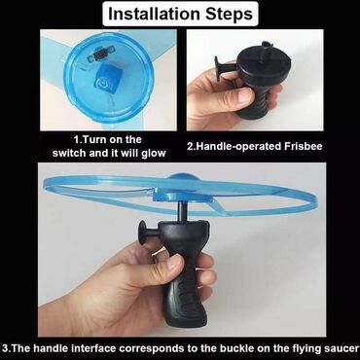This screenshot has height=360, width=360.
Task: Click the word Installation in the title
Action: point(154,14)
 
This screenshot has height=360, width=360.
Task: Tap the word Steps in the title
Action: point(229,15)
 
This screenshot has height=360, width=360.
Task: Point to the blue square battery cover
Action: point(106,77)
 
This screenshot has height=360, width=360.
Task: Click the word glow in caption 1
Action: point(154,153)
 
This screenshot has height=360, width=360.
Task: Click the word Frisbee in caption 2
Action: point(304,146)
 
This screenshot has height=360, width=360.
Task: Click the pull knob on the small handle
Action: point(219,68)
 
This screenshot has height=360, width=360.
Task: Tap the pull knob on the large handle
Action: point(144,233)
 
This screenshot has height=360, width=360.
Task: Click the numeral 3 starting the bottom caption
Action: point(5,349)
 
